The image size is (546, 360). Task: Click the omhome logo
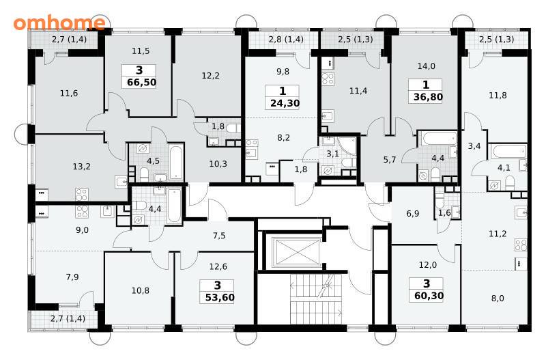(x=59, y=23)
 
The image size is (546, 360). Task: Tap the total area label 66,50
(x=142, y=83)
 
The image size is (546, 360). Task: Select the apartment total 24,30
(x=285, y=104)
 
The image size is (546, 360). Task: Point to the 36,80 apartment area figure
(x=428, y=97)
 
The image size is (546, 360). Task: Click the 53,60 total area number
(x=220, y=298)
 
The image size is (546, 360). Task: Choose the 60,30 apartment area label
(x=429, y=296)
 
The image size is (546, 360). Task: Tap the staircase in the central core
(x=315, y=299)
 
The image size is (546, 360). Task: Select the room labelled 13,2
(x=81, y=167)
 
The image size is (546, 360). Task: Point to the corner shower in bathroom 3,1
(x=346, y=146)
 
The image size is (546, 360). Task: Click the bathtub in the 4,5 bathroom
(x=175, y=162)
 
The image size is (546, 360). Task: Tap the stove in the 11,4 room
(x=328, y=79)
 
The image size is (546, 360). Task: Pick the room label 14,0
(x=426, y=66)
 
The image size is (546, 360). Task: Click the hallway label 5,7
(x=390, y=160)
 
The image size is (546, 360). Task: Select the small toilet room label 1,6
(x=444, y=213)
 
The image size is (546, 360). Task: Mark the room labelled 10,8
(x=141, y=290)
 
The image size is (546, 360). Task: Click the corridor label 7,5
(x=219, y=236)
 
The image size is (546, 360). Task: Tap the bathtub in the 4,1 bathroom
(x=508, y=152)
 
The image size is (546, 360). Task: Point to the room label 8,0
(x=498, y=299)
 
